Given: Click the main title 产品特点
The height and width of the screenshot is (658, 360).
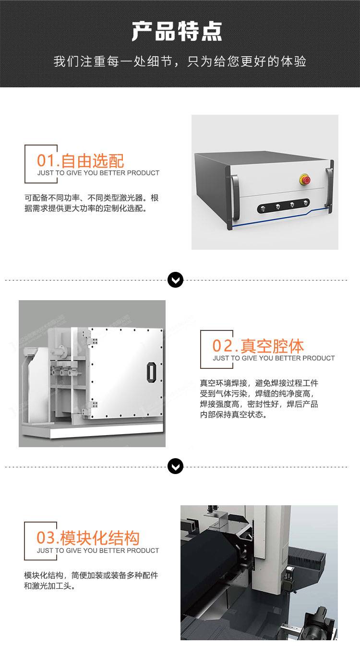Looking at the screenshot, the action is [177, 31].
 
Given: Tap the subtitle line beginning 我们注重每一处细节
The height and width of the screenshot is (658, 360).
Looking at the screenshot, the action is [180, 61].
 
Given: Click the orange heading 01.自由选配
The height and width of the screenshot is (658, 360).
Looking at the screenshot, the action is [81, 160].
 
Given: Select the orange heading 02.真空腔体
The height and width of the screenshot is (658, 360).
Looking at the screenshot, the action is [258, 346].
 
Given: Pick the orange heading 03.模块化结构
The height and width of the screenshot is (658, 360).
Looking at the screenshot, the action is [88, 538].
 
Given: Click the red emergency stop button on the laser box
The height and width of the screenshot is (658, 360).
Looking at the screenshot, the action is [305, 180].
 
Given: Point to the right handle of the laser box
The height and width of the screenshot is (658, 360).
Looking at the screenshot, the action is [328, 187].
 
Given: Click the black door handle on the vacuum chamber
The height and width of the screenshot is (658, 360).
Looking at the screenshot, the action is [151, 372].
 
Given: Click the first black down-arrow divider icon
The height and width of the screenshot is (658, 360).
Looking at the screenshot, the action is [176, 280].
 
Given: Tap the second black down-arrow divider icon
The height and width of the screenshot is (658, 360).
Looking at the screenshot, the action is [176, 466].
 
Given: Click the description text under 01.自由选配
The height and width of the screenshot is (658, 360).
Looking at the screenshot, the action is [91, 203].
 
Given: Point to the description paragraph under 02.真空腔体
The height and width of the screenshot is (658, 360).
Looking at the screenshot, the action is [259, 399].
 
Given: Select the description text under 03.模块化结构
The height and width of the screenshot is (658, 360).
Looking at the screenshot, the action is [91, 581].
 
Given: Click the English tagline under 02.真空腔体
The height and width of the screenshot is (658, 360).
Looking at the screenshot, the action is [274, 358].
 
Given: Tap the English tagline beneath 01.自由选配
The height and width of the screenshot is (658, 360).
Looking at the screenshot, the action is [98, 173].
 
